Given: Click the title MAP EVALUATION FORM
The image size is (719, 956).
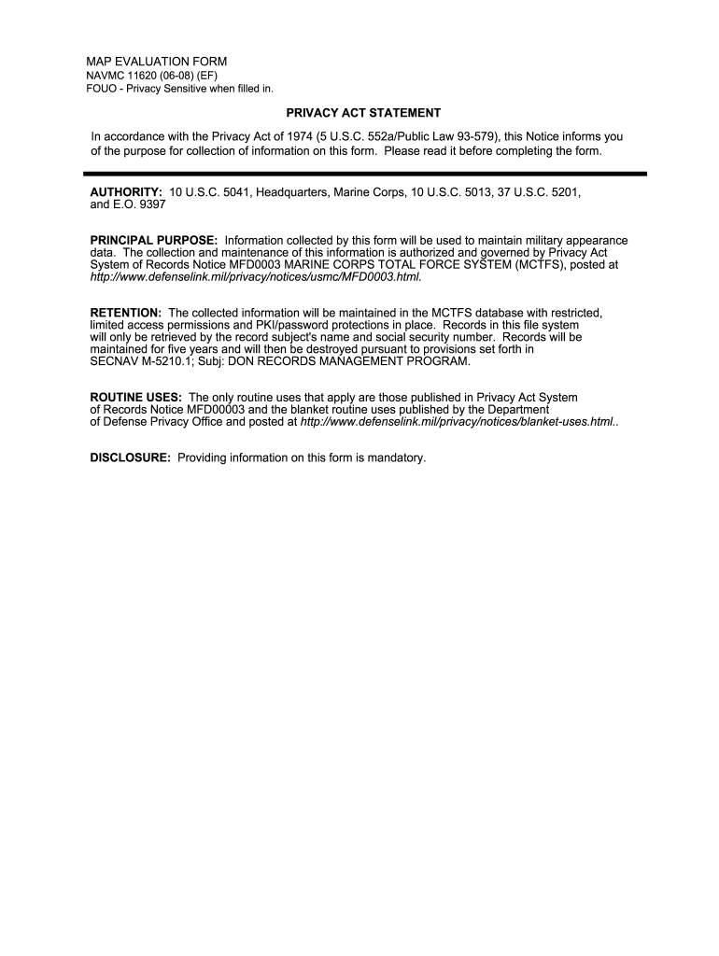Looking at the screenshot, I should tap(156, 62).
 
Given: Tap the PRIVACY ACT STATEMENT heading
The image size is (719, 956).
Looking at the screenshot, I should tap(363, 113).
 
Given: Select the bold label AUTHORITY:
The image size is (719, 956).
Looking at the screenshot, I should tap(126, 191).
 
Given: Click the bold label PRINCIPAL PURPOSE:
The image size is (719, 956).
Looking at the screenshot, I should tap(153, 240).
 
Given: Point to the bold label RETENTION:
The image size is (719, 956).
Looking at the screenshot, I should tap(125, 312).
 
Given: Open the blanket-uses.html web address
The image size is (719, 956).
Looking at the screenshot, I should tap(458, 422).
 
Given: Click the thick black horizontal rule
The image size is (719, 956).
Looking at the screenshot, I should tap(364, 173).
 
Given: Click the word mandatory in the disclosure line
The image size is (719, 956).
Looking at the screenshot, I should tap(397, 458).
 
